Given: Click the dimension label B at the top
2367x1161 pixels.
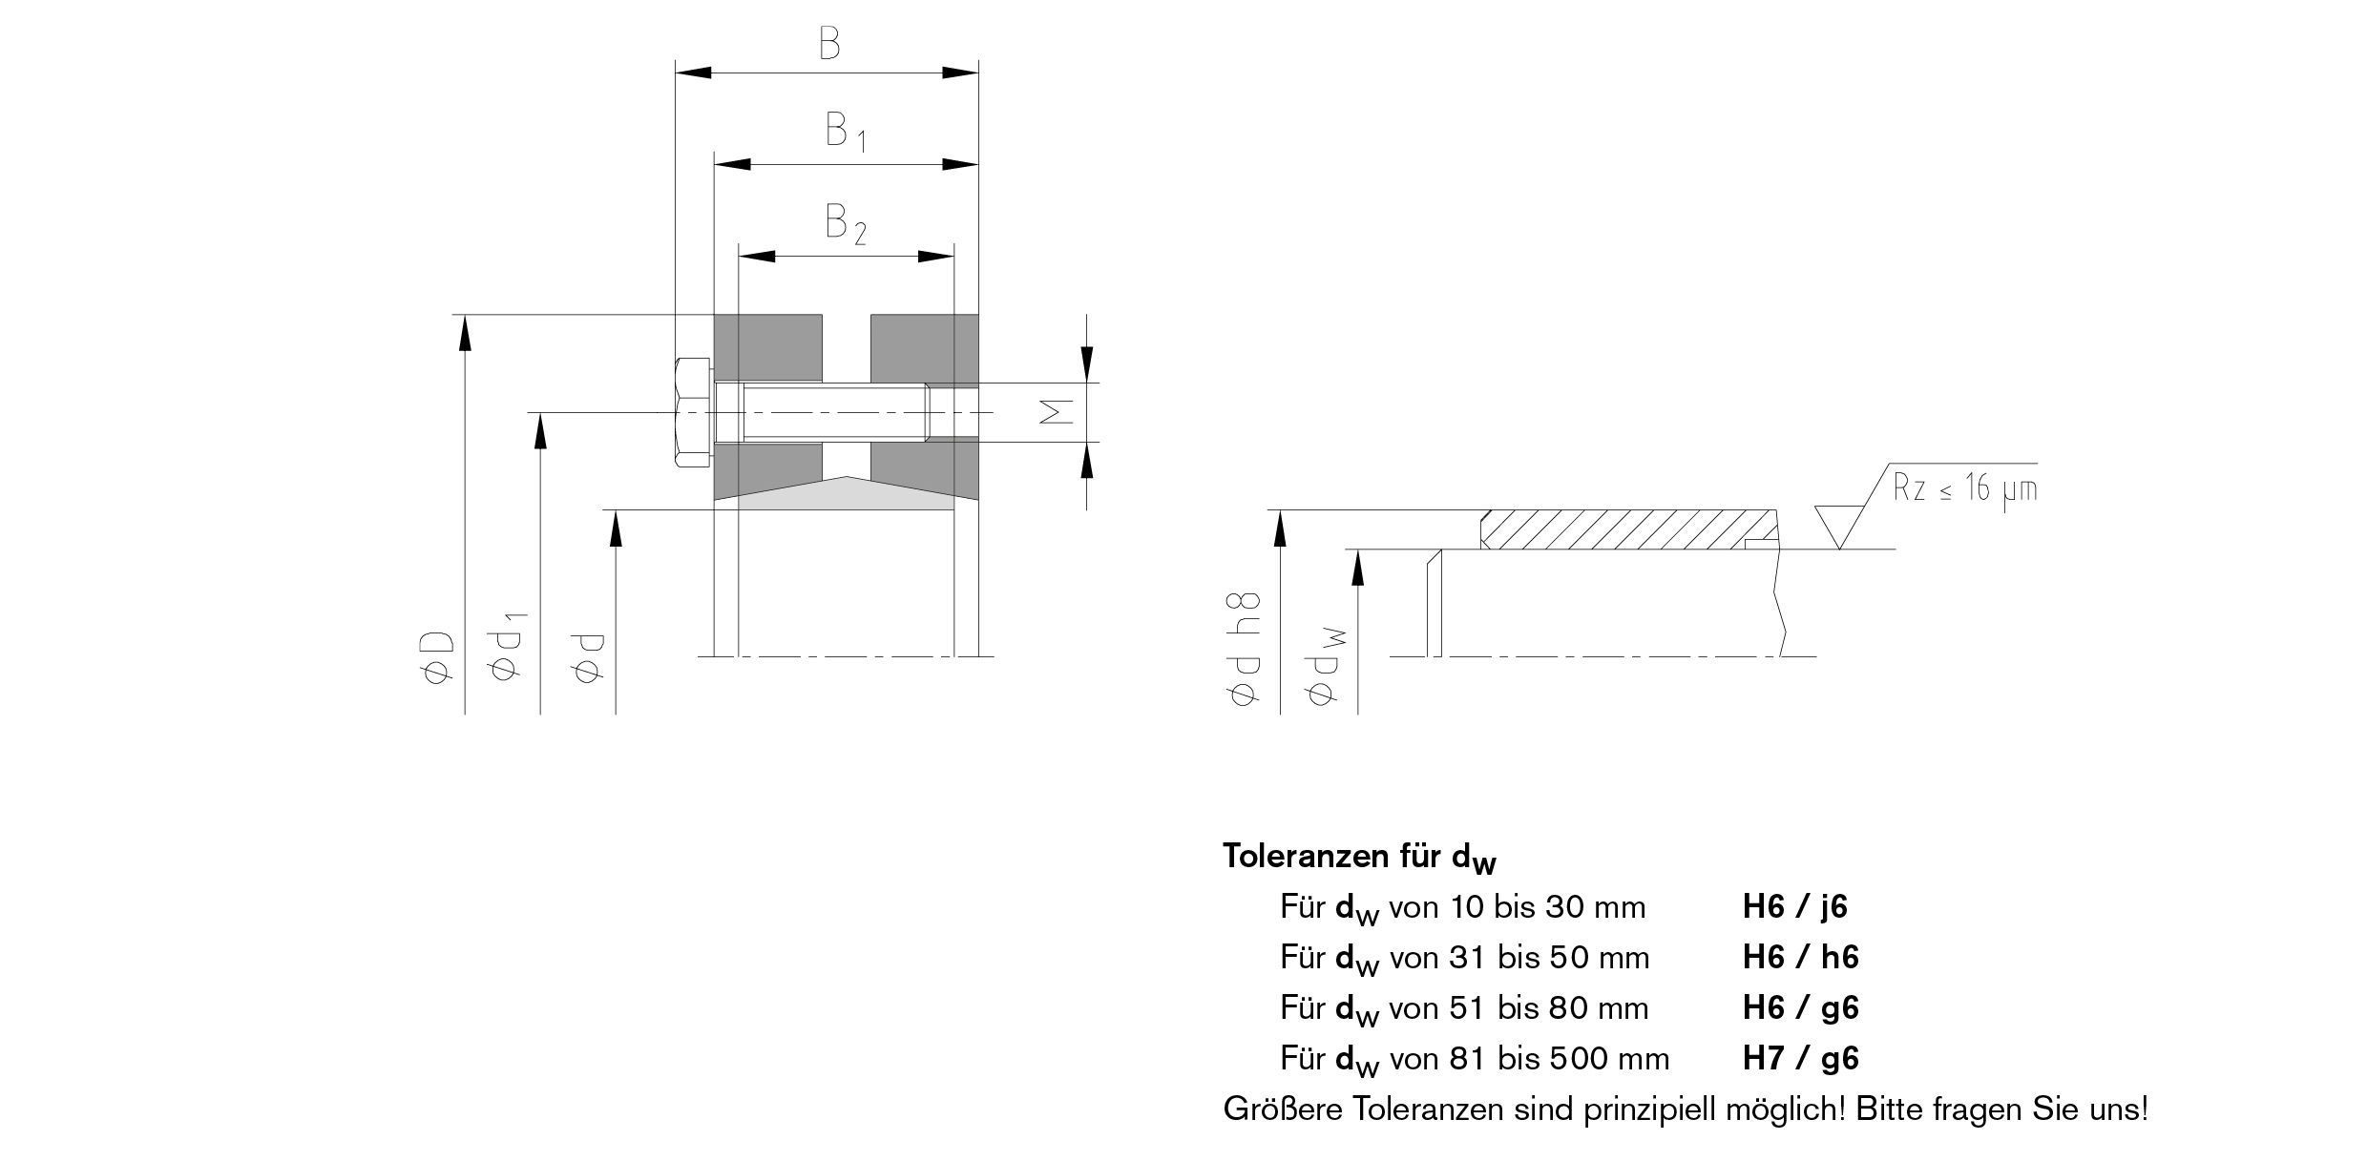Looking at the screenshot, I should (x=829, y=43).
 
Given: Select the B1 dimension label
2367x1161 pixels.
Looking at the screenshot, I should (x=845, y=132).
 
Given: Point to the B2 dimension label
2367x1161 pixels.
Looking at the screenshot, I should (x=845, y=224).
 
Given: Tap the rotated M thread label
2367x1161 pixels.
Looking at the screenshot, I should (x=1055, y=412).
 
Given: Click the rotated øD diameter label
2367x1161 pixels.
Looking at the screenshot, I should (x=439, y=658).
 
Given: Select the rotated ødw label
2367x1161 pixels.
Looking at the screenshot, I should (x=1325, y=668).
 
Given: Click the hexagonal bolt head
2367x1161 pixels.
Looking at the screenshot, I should (x=692, y=413).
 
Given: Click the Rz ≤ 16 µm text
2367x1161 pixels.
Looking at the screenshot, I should (x=1964, y=489).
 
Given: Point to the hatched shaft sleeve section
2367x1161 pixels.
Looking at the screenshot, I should (x=1623, y=529).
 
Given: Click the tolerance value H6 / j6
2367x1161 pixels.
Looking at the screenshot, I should (x=1794, y=907).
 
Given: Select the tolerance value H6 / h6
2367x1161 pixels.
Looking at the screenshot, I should (x=1800, y=958).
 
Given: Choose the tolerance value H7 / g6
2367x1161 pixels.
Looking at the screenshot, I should (x=1800, y=1059).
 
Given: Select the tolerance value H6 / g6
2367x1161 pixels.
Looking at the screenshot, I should (x=1800, y=1008).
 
